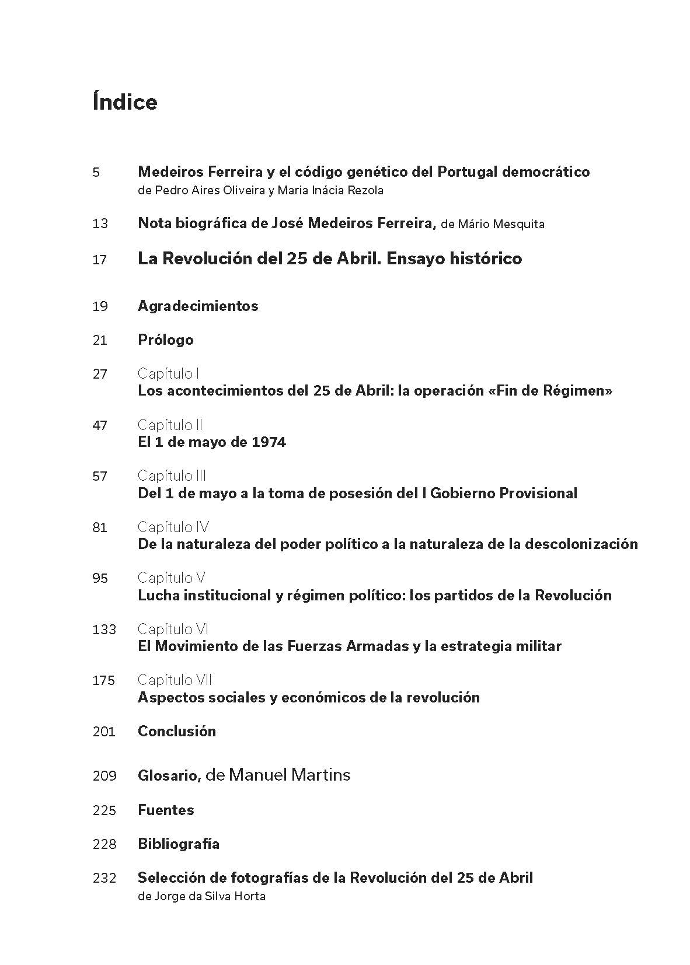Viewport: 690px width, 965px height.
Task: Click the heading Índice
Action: [x=124, y=102]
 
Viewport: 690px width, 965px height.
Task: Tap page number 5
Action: [x=96, y=173]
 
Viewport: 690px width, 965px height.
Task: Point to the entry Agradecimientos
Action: [x=198, y=306]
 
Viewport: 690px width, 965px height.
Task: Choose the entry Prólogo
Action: [x=165, y=340]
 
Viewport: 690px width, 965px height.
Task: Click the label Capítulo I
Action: [x=169, y=373]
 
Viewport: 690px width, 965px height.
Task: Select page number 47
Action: [x=100, y=425]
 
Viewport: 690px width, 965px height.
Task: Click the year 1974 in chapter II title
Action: [x=269, y=442]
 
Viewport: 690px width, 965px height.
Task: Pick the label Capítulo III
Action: [x=172, y=476]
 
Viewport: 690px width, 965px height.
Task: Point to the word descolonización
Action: [x=581, y=544]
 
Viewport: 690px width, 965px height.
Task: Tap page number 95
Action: [x=100, y=578]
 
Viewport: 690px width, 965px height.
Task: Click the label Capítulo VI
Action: [x=173, y=629]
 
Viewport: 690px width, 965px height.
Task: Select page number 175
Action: [x=104, y=680]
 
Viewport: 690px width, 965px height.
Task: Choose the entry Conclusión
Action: [x=176, y=731]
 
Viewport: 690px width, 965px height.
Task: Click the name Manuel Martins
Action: [x=290, y=775]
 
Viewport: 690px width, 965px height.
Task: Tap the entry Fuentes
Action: [x=166, y=810]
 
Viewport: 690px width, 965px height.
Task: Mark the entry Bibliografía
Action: [x=179, y=844]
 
